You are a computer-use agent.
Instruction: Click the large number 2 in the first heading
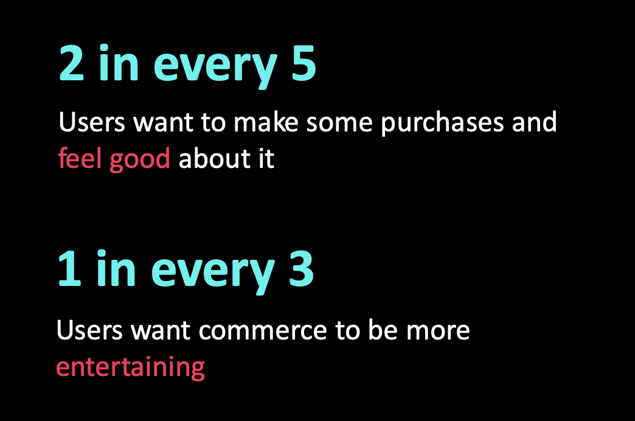pyautogui.click(x=72, y=63)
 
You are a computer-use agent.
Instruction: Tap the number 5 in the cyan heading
pyautogui.click(x=304, y=63)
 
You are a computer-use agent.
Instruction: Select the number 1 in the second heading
pyautogui.click(x=70, y=268)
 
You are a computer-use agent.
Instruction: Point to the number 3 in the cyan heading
pyautogui.click(x=301, y=268)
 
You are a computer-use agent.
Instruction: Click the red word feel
pyautogui.click(x=80, y=158)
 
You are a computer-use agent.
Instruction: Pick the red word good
pyautogui.click(x=140, y=160)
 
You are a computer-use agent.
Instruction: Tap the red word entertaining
pyautogui.click(x=130, y=367)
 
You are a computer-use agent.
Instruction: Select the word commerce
pyautogui.click(x=263, y=330)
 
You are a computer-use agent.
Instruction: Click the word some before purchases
pyautogui.click(x=339, y=123)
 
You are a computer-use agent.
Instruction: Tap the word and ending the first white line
pyautogui.click(x=534, y=122)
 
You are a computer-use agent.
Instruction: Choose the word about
pyautogui.click(x=215, y=158)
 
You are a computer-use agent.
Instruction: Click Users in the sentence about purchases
pyautogui.click(x=92, y=122)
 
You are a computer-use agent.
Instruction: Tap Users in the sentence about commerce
pyautogui.click(x=89, y=330)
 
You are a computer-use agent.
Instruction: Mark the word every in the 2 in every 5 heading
pyautogui.click(x=215, y=67)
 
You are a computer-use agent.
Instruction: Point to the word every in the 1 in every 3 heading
pyautogui.click(x=213, y=273)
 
